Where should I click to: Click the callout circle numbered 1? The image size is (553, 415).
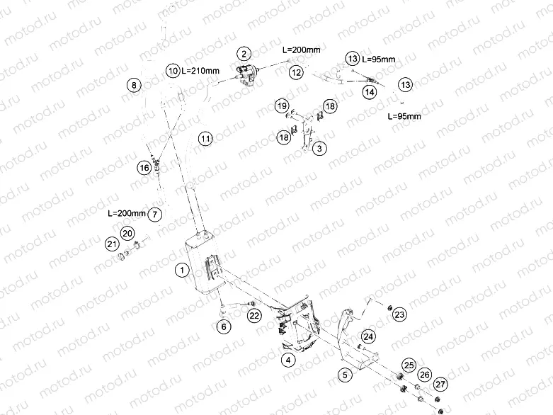click(x=182, y=270)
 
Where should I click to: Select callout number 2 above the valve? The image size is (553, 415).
click(x=244, y=53)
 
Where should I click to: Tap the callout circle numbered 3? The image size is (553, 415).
click(x=320, y=149)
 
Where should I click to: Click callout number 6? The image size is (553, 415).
click(x=223, y=326)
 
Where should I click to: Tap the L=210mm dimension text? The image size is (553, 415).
click(x=201, y=71)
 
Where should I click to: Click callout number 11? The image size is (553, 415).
click(x=205, y=138)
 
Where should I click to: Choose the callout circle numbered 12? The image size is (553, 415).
click(x=297, y=72)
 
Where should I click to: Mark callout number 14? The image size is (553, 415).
click(x=370, y=92)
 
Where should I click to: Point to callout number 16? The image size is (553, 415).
click(x=144, y=168)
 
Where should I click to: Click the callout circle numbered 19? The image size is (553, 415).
click(x=282, y=106)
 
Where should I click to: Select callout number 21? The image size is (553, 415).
click(x=111, y=244)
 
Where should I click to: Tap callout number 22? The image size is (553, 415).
click(x=254, y=315)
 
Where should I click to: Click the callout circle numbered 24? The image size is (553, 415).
click(x=368, y=336)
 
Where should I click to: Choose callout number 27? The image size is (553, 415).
click(x=440, y=385)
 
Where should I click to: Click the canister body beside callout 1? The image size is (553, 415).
click(x=202, y=266)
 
